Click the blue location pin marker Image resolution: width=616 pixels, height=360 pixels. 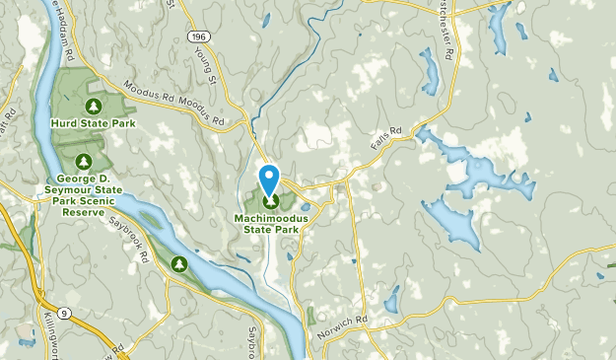(269, 180)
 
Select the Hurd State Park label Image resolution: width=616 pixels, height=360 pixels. (94, 124)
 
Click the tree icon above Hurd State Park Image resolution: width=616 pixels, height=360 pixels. (94, 106)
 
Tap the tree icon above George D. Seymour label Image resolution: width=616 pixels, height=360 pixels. (83, 161)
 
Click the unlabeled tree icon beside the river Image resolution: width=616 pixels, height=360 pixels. (179, 262)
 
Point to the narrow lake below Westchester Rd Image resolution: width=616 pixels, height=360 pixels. (429, 71)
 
